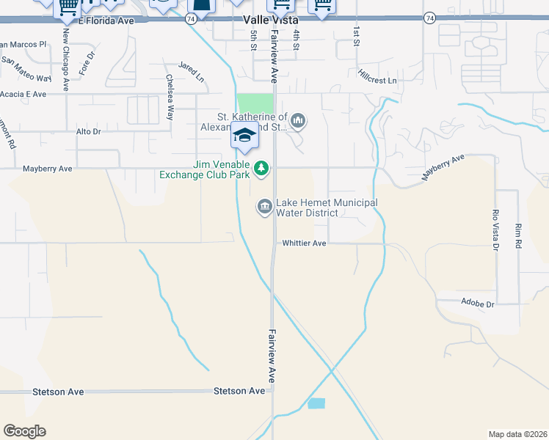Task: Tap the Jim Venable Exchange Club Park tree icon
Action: pos(261,169)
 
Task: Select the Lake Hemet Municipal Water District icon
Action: pos(264,208)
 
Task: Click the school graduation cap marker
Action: pos(244,136)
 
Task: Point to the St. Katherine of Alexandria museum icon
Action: pos(298,120)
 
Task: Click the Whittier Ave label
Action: pos(304,243)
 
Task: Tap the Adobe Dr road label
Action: pos(479,302)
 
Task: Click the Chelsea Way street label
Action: pos(170,98)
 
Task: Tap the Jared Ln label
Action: pos(190,71)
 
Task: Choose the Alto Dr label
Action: pos(88,131)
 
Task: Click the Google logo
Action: pos(24,430)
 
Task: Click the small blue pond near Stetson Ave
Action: pos(316,403)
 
